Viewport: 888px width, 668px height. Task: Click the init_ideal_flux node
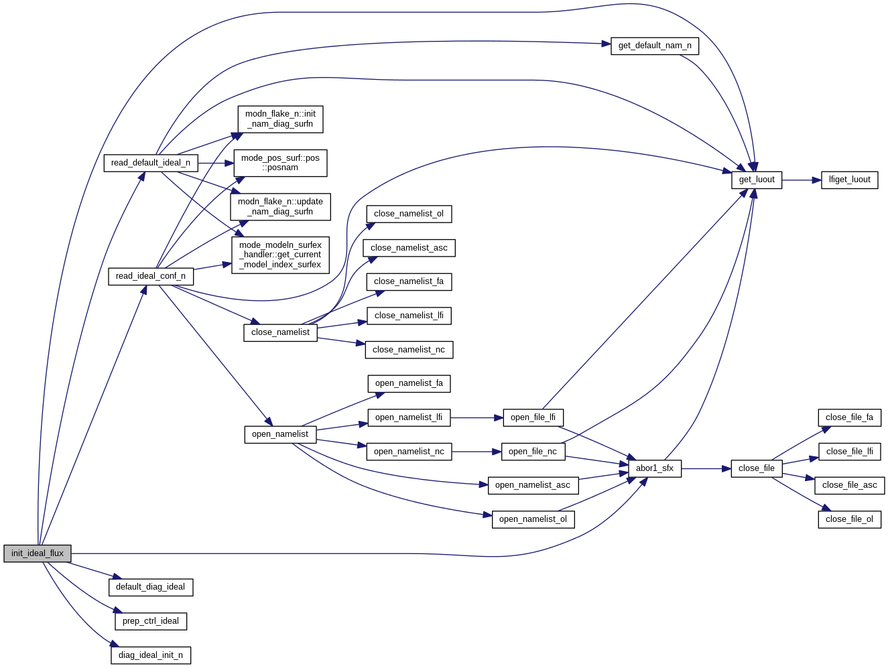pyautogui.click(x=38, y=553)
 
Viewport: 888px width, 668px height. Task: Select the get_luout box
pyautogui.click(x=757, y=180)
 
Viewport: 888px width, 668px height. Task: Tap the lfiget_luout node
pyautogui.click(x=849, y=180)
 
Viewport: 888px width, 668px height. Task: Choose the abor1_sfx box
pyautogui.click(x=654, y=468)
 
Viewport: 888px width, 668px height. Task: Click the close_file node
pyautogui.click(x=756, y=468)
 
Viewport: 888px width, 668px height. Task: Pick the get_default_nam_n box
pyautogui.click(x=655, y=46)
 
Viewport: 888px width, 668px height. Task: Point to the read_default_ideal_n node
pyautogui.click(x=150, y=163)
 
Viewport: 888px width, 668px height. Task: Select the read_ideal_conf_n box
pyautogui.click(x=151, y=276)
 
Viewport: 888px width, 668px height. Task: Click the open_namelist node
pyautogui.click(x=280, y=434)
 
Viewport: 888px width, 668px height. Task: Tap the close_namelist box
pyautogui.click(x=280, y=332)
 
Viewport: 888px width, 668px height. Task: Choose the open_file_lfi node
pyautogui.click(x=533, y=417)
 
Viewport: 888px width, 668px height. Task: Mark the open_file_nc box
pyautogui.click(x=533, y=452)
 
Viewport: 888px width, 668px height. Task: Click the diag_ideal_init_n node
pyautogui.click(x=151, y=655)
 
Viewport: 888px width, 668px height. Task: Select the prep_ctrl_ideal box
pyautogui.click(x=151, y=621)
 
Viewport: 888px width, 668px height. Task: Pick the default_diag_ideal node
pyautogui.click(x=150, y=587)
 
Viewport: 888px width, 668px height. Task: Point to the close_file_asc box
pyautogui.click(x=849, y=485)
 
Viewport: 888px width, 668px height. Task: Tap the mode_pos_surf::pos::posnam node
pyautogui.click(x=280, y=163)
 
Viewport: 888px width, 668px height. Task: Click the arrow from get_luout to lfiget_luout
pyautogui.click(x=802, y=180)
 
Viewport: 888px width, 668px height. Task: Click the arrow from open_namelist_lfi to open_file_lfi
pyautogui.click(x=477, y=417)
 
